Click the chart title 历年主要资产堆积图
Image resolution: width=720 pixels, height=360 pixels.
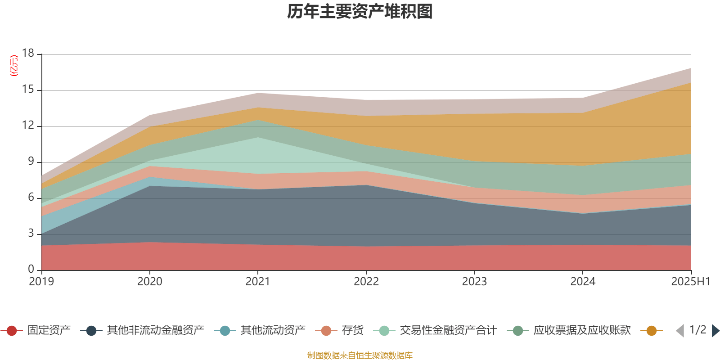click(360, 12)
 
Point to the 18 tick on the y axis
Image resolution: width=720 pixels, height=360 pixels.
click(28, 54)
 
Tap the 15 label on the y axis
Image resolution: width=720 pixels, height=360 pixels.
click(28, 90)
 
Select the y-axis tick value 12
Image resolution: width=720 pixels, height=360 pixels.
click(28, 126)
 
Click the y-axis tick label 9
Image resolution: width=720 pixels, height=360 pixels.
click(31, 162)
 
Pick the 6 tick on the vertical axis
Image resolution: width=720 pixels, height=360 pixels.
click(31, 198)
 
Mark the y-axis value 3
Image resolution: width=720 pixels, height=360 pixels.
click(31, 234)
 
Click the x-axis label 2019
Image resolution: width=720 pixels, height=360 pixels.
click(41, 282)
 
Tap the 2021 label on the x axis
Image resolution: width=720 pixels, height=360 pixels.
click(257, 282)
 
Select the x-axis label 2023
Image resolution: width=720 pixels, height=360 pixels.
click(474, 282)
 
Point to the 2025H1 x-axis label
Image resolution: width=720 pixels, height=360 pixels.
click(690, 282)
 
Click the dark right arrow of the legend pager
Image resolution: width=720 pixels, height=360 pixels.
click(715, 331)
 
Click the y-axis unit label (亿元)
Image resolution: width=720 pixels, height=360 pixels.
click(14, 66)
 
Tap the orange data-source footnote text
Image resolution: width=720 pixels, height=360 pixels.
click(360, 355)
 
